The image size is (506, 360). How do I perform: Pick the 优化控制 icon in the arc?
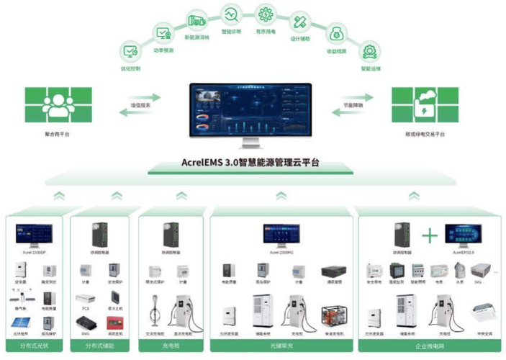click(x=130, y=52)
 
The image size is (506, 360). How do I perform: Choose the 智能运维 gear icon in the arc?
click(x=370, y=52)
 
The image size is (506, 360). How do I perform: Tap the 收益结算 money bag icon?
click(x=335, y=34)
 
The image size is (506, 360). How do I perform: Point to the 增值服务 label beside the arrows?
click(x=140, y=105)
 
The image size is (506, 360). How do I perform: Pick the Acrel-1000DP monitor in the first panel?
click(x=35, y=235)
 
